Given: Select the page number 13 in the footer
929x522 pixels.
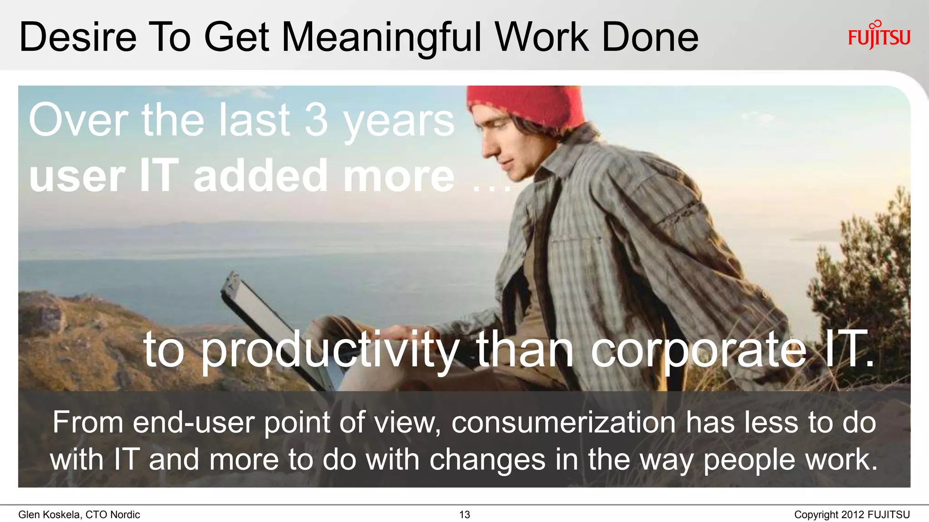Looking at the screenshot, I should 464,515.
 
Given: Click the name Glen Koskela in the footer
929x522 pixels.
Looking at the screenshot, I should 50,515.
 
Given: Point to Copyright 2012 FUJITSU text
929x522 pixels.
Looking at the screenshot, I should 851,515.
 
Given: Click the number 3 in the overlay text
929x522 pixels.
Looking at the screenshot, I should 316,120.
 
